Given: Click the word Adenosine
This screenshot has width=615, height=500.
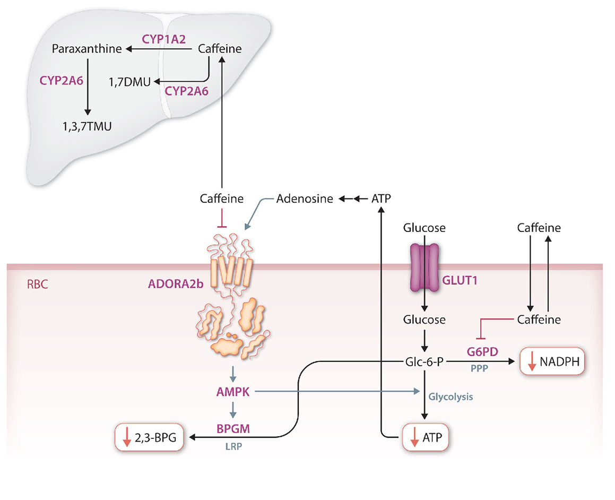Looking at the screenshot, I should [305, 199].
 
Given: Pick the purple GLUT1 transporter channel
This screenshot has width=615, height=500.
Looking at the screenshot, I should [424, 268].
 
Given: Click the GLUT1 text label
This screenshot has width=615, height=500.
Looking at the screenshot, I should [460, 281].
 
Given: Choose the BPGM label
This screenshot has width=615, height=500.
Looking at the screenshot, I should [232, 427].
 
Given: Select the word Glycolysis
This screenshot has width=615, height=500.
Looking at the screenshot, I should [451, 396].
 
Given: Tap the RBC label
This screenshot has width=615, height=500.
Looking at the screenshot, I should [38, 283].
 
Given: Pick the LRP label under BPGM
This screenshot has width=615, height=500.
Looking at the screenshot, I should [232, 446].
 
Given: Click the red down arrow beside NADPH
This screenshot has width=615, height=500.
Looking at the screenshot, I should [531, 363].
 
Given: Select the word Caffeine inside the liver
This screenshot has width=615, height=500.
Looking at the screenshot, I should [220, 49].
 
